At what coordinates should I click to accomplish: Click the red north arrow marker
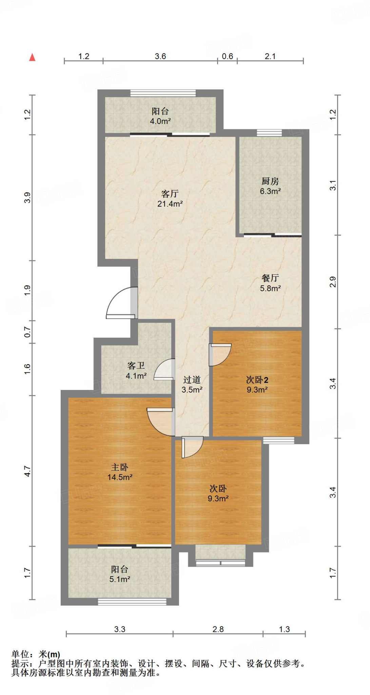click(32, 57)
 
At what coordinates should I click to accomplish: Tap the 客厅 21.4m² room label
click(170, 199)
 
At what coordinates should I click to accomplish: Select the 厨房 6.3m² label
click(270, 186)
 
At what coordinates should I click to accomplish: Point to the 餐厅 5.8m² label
click(270, 283)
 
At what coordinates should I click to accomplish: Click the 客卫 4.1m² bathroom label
click(136, 371)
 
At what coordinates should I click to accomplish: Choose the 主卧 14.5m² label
click(120, 472)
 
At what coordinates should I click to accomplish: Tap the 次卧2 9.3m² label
click(257, 384)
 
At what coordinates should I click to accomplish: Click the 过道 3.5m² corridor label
click(192, 384)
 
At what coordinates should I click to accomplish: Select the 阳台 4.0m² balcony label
click(160, 116)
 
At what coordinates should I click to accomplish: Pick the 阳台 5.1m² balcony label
click(120, 574)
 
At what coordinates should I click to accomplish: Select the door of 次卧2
click(219, 355)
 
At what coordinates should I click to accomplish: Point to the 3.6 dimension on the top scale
click(160, 56)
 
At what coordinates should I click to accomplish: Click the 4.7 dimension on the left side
click(27, 471)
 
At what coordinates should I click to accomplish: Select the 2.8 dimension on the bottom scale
click(218, 629)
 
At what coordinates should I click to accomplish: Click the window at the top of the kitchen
click(269, 133)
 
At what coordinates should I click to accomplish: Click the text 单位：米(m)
click(36, 654)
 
